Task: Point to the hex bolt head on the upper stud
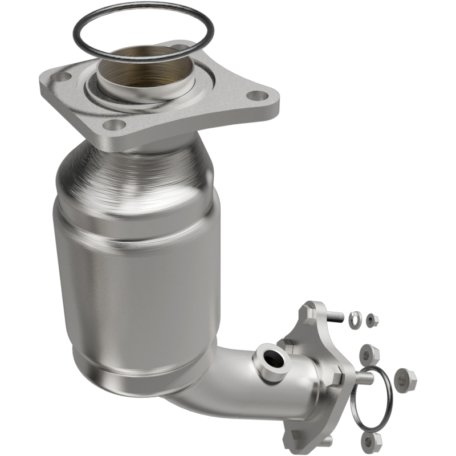click(x=311, y=312)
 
